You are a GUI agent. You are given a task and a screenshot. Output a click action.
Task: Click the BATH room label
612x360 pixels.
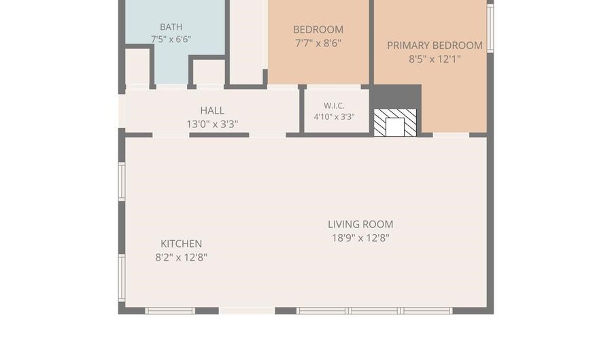point(171,27)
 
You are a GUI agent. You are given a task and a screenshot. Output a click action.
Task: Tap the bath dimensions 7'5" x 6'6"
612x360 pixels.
point(171,39)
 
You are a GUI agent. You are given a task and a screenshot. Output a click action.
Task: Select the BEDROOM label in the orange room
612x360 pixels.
point(318,30)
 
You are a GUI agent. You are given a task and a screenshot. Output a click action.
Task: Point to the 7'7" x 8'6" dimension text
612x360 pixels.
point(318,43)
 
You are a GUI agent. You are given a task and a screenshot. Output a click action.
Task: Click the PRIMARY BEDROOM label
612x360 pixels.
point(435,46)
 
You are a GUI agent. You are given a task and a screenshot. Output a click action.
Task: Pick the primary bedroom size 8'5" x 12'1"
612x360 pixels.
point(435,59)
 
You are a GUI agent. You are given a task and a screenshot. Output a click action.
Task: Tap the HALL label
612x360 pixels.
point(212,110)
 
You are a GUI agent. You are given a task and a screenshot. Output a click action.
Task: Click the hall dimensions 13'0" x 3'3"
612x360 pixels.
point(212,124)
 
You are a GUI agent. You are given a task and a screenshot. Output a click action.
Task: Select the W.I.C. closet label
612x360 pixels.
point(334,105)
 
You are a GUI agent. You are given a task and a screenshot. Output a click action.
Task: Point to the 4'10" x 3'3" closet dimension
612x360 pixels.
point(334,117)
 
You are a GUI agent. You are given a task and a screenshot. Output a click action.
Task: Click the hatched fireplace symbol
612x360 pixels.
point(395,122)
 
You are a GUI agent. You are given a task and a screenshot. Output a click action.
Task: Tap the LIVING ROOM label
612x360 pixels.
point(360,225)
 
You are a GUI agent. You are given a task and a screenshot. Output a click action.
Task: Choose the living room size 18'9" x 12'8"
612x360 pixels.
point(360,238)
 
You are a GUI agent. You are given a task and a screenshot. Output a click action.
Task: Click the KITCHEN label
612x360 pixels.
point(181,244)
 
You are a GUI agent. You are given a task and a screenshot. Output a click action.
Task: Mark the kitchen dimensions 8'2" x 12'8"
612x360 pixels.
point(181,258)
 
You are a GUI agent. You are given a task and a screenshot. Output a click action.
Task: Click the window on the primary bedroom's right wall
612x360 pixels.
point(490,27)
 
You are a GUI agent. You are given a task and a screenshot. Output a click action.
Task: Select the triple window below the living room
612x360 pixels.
point(375,311)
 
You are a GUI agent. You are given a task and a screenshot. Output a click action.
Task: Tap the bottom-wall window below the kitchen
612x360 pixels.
point(170,311)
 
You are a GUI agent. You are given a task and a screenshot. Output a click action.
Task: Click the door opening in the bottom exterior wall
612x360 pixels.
point(247,311)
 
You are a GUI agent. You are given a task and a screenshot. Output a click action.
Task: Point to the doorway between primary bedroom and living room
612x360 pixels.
point(451,135)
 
